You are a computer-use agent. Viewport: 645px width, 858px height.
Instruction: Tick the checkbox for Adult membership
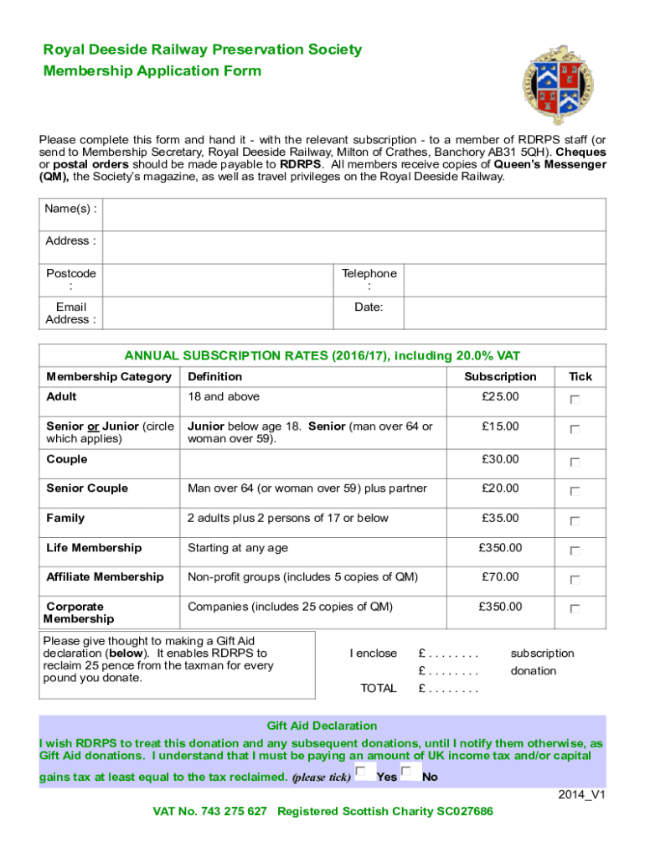(x=575, y=401)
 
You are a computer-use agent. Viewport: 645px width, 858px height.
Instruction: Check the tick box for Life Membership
(x=575, y=551)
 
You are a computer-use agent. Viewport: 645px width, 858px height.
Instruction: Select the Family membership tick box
(x=575, y=521)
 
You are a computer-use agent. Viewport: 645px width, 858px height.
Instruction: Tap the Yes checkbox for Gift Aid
(x=361, y=772)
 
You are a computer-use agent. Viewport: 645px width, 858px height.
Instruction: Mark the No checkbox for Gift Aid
(x=406, y=772)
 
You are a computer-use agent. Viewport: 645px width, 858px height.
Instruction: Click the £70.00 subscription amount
(x=500, y=577)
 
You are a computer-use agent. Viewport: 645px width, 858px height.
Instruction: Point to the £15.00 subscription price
(x=500, y=426)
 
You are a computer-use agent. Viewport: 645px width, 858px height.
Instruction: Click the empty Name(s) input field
(x=353, y=214)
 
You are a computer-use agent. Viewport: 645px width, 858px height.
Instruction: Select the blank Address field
(x=353, y=246)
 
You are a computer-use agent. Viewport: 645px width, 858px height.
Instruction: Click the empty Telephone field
(x=504, y=280)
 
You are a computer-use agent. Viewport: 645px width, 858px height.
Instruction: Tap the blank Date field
(x=504, y=313)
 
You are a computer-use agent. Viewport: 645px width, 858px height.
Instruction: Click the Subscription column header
(x=500, y=377)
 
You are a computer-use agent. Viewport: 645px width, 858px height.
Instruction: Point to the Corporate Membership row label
(x=79, y=612)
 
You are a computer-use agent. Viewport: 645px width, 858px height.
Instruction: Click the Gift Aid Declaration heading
(x=322, y=726)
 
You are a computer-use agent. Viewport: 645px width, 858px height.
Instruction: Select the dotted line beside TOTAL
(x=449, y=690)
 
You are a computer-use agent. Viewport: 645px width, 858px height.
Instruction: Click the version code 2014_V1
(x=581, y=794)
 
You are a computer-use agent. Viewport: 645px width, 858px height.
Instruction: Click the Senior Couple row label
(x=87, y=488)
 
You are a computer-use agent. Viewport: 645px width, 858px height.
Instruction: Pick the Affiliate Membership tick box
(x=575, y=581)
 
